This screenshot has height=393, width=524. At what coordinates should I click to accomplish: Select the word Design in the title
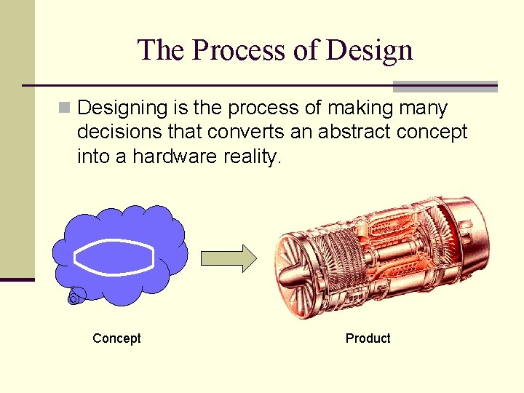click(x=370, y=50)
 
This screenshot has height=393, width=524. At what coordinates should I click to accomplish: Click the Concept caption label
click(x=116, y=338)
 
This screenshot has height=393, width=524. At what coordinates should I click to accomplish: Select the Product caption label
click(x=368, y=338)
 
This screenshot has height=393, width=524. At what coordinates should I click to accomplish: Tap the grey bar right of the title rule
click(x=445, y=87)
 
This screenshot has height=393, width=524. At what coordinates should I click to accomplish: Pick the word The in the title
click(x=159, y=50)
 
